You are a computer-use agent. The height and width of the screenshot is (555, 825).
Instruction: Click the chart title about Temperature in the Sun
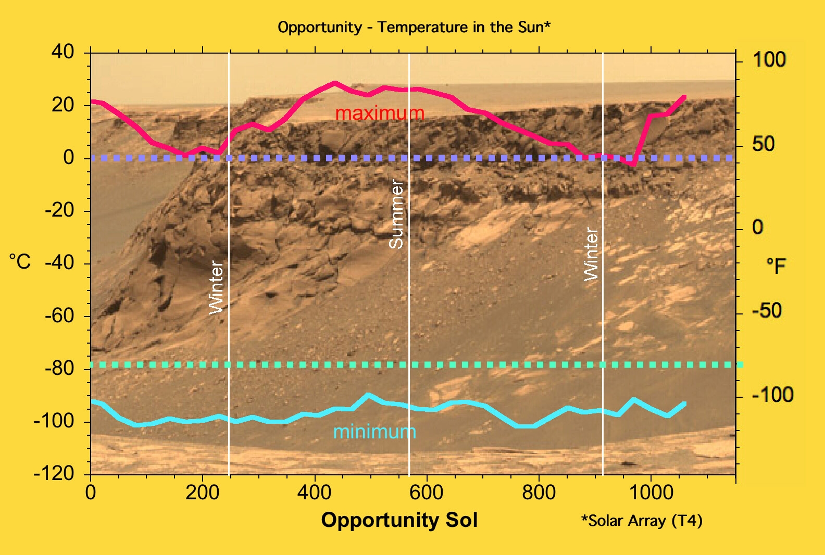414,27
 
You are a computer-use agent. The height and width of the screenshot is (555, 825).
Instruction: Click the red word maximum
380,113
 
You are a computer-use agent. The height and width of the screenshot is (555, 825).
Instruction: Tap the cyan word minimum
374,432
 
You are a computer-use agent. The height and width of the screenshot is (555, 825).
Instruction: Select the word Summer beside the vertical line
397,213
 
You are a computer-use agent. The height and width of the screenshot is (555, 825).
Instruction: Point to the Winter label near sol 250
216,287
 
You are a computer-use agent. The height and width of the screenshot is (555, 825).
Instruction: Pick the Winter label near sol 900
591,254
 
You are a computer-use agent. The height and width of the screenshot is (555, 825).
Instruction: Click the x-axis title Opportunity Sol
399,520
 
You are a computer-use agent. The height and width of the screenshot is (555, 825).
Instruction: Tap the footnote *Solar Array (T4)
642,521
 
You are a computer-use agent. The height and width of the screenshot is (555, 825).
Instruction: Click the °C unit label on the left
20,261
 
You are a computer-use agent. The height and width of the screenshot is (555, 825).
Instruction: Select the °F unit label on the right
776,266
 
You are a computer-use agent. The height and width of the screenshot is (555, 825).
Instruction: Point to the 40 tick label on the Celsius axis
63,52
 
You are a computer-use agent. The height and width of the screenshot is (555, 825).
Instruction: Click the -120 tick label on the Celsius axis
54,474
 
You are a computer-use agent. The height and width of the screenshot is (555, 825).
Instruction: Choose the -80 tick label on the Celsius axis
59,369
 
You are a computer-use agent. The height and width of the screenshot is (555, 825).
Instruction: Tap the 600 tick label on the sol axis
427,492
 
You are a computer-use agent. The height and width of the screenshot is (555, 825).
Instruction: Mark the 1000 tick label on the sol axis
651,492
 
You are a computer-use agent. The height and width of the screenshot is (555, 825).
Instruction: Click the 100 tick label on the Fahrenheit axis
769,60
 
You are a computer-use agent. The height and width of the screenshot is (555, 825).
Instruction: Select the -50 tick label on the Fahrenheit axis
767,311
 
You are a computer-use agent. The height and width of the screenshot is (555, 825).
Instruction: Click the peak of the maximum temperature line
334,83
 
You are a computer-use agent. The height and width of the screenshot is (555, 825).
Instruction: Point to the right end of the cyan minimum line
684,403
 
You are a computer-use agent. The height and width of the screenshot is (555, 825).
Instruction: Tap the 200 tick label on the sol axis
202,492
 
